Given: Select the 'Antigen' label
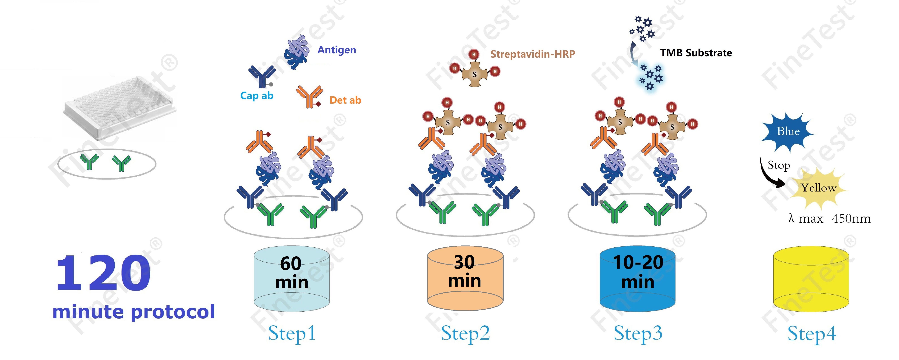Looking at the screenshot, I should click(x=336, y=50).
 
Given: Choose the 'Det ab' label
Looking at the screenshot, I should click(x=345, y=100).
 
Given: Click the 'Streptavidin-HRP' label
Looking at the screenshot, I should click(x=533, y=54).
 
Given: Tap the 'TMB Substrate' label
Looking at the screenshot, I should click(x=696, y=53).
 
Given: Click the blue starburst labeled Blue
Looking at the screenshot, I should click(x=788, y=132).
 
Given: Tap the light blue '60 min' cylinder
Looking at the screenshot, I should click(x=291, y=279).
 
